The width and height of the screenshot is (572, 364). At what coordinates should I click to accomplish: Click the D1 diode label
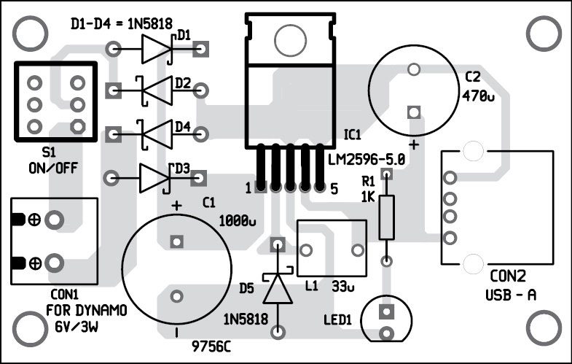[184, 34]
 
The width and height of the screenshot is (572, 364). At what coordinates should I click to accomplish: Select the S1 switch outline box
[55, 104]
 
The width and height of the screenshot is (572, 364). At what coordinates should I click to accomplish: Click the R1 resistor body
[387, 217]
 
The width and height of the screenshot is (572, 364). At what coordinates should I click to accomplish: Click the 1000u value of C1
[235, 219]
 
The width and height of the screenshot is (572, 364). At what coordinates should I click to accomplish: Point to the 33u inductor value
[342, 287]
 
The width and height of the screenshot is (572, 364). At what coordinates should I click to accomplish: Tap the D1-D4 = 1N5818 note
[121, 24]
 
